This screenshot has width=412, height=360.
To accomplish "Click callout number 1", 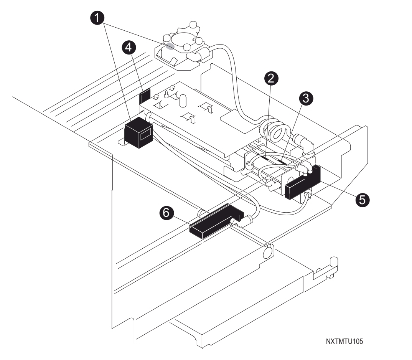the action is pos(97,18).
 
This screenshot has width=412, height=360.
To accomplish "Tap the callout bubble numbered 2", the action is pos(271,78).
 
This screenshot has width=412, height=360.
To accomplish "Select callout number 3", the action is pos(306,98).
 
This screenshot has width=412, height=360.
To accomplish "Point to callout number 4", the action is pos(129,48).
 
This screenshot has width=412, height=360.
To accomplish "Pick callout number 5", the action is pos(363,200).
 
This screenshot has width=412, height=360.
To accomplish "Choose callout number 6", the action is pos(166,212).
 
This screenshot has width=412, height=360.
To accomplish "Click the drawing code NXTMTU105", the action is pos(344,341).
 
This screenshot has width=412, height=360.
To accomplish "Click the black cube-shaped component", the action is pos(139,132).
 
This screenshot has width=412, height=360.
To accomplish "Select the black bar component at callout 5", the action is pos(303,182).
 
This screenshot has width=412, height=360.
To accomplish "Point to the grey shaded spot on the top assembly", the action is pos(170,46).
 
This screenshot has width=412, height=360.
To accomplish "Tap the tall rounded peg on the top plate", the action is pos(183,101).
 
